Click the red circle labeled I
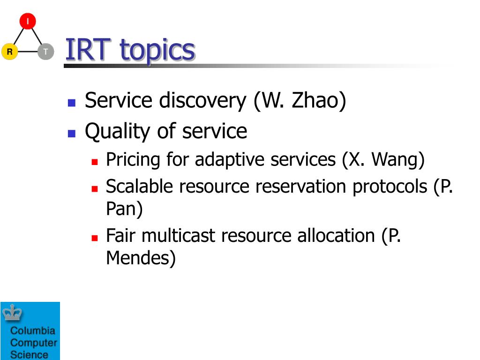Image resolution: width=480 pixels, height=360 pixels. click(28, 21)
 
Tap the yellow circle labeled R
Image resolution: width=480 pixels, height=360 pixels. click(10, 51)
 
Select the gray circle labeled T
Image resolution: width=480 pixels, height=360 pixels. click(46, 52)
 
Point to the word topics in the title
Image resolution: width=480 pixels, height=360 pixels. click(157, 51)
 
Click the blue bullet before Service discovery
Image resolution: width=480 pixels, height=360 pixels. click(72, 103)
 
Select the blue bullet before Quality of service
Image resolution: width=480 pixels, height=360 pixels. click(72, 134)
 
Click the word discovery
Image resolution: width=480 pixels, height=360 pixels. click(202, 101)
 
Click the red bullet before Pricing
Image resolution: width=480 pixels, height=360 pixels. click(95, 162)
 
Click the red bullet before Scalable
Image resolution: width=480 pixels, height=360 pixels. click(95, 188)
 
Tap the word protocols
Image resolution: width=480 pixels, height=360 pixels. click(390, 187)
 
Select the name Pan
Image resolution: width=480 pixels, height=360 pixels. click(121, 209)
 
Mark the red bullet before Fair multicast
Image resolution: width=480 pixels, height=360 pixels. click(95, 238)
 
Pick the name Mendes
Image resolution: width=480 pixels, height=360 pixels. click(138, 258)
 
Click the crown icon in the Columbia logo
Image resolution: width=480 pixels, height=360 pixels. click(12, 313)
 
